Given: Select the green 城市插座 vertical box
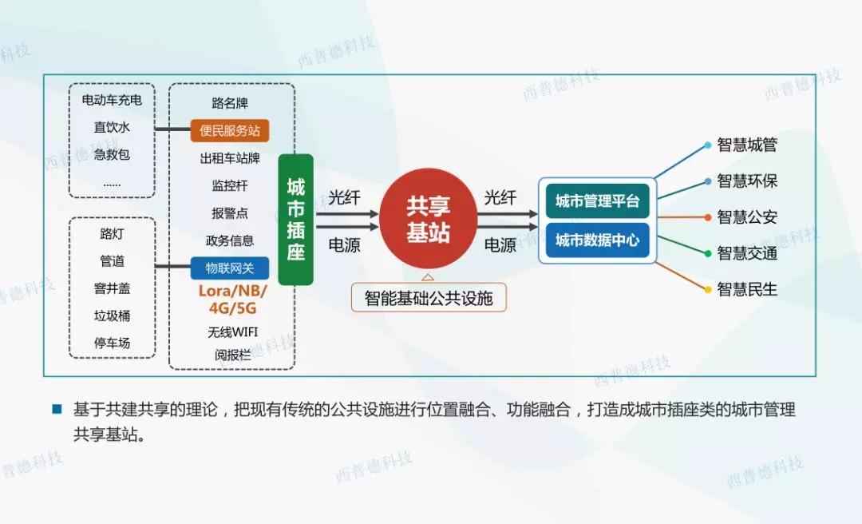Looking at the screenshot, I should pyautogui.click(x=295, y=220).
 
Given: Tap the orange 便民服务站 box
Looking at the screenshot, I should pyautogui.click(x=230, y=130).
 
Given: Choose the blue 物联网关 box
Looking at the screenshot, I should pyautogui.click(x=230, y=268).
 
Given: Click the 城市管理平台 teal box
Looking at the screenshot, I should pyautogui.click(x=597, y=201).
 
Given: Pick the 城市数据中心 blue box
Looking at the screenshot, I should pyautogui.click(x=597, y=240).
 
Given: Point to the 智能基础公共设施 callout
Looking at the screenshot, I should pyautogui.click(x=429, y=299).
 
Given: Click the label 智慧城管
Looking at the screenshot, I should pyautogui.click(x=747, y=145).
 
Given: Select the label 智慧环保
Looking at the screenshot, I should pyautogui.click(x=747, y=181).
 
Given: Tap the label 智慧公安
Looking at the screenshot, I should pyautogui.click(x=747, y=217).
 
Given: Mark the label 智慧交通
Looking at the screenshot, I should pyautogui.click(x=747, y=253).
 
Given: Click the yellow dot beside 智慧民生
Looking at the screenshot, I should pyautogui.click(x=707, y=289).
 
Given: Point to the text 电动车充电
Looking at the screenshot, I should pyautogui.click(x=112, y=100).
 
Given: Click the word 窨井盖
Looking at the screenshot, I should pyautogui.click(x=112, y=289).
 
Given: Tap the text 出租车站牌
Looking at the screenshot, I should pyautogui.click(x=230, y=158).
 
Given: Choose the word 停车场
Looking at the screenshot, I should pyautogui.click(x=112, y=343).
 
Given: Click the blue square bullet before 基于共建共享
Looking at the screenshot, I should pyautogui.click(x=57, y=409).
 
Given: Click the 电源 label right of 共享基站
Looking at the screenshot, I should pyautogui.click(x=500, y=245).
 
